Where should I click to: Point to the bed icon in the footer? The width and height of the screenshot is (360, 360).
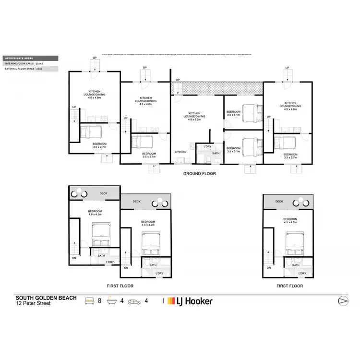coord(90,301)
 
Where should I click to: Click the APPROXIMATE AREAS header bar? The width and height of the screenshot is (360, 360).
coord(30,58)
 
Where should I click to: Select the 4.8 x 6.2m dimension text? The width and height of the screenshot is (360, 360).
coord(197,119)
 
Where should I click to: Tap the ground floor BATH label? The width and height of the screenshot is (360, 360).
coord(216,153)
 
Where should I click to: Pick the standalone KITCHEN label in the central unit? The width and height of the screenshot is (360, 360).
coord(180,152)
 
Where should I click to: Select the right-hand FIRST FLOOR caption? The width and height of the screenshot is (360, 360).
coord(290,286)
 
